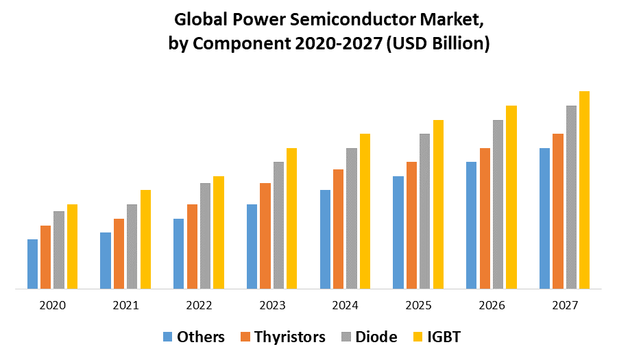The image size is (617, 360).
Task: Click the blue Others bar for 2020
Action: point(32,264)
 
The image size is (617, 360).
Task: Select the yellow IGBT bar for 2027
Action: point(584,190)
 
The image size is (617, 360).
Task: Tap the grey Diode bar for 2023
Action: point(278,225)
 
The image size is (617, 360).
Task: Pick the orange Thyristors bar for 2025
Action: point(411,225)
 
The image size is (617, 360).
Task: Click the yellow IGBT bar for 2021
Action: point(145,239)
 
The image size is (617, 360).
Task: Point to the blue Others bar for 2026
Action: point(471,225)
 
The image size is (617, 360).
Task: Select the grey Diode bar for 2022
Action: point(205,236)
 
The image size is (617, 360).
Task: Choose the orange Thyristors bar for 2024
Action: point(338,229)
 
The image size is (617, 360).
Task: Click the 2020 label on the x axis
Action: point(53,305)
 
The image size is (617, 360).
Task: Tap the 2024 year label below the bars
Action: point(345,305)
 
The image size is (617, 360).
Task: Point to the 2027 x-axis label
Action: point(564,305)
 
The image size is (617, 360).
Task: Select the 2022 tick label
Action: point(199,305)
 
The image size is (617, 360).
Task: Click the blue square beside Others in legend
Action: point(168,337)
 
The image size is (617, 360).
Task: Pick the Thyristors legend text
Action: point(290,337)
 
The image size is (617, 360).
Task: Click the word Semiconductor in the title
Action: point(317,21)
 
